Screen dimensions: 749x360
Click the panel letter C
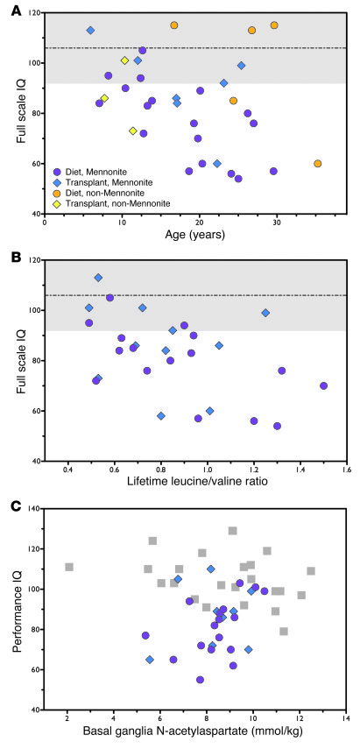(x=9, y=504)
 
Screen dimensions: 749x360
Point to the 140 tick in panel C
(x=32, y=509)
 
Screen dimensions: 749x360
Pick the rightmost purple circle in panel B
(x=323, y=385)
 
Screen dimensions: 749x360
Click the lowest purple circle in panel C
(x=200, y=679)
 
